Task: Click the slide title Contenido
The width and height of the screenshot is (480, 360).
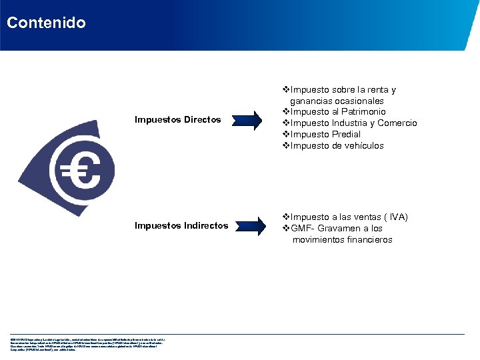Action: pyautogui.click(x=46, y=23)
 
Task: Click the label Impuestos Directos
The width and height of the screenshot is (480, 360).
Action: pyautogui.click(x=177, y=120)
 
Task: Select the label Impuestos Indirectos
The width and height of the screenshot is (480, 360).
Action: pyautogui.click(x=181, y=226)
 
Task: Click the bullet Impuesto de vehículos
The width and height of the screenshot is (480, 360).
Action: pyautogui.click(x=337, y=146)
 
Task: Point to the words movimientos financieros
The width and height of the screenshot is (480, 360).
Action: pyautogui.click(x=342, y=240)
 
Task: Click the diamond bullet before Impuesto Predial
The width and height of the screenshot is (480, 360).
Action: pyautogui.click(x=286, y=135)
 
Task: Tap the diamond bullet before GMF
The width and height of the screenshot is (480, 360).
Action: pyautogui.click(x=286, y=229)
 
